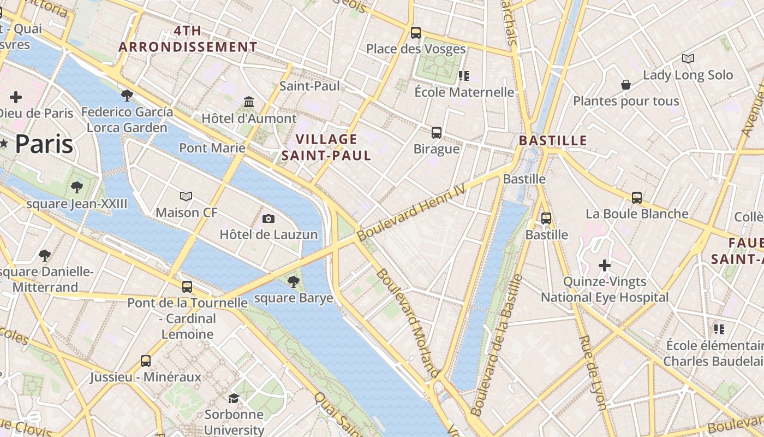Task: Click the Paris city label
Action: (x=44, y=144)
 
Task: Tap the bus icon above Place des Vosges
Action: (x=416, y=32)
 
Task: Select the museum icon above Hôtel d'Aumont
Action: (x=249, y=102)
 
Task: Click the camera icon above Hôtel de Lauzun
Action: (x=268, y=218)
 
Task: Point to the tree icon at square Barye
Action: (x=294, y=282)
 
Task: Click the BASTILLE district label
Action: (x=553, y=140)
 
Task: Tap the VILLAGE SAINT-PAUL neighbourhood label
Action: (x=326, y=147)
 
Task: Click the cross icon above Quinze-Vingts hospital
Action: (x=605, y=265)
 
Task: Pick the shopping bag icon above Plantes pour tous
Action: (x=626, y=85)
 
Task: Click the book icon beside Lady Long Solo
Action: (x=688, y=58)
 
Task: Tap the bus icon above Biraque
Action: (x=437, y=132)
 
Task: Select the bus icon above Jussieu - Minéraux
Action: (x=146, y=361)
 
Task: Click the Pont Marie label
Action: (x=212, y=147)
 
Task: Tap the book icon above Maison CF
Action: (x=186, y=196)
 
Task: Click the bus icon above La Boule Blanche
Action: (x=637, y=197)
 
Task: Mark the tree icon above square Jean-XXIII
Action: (x=77, y=187)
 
